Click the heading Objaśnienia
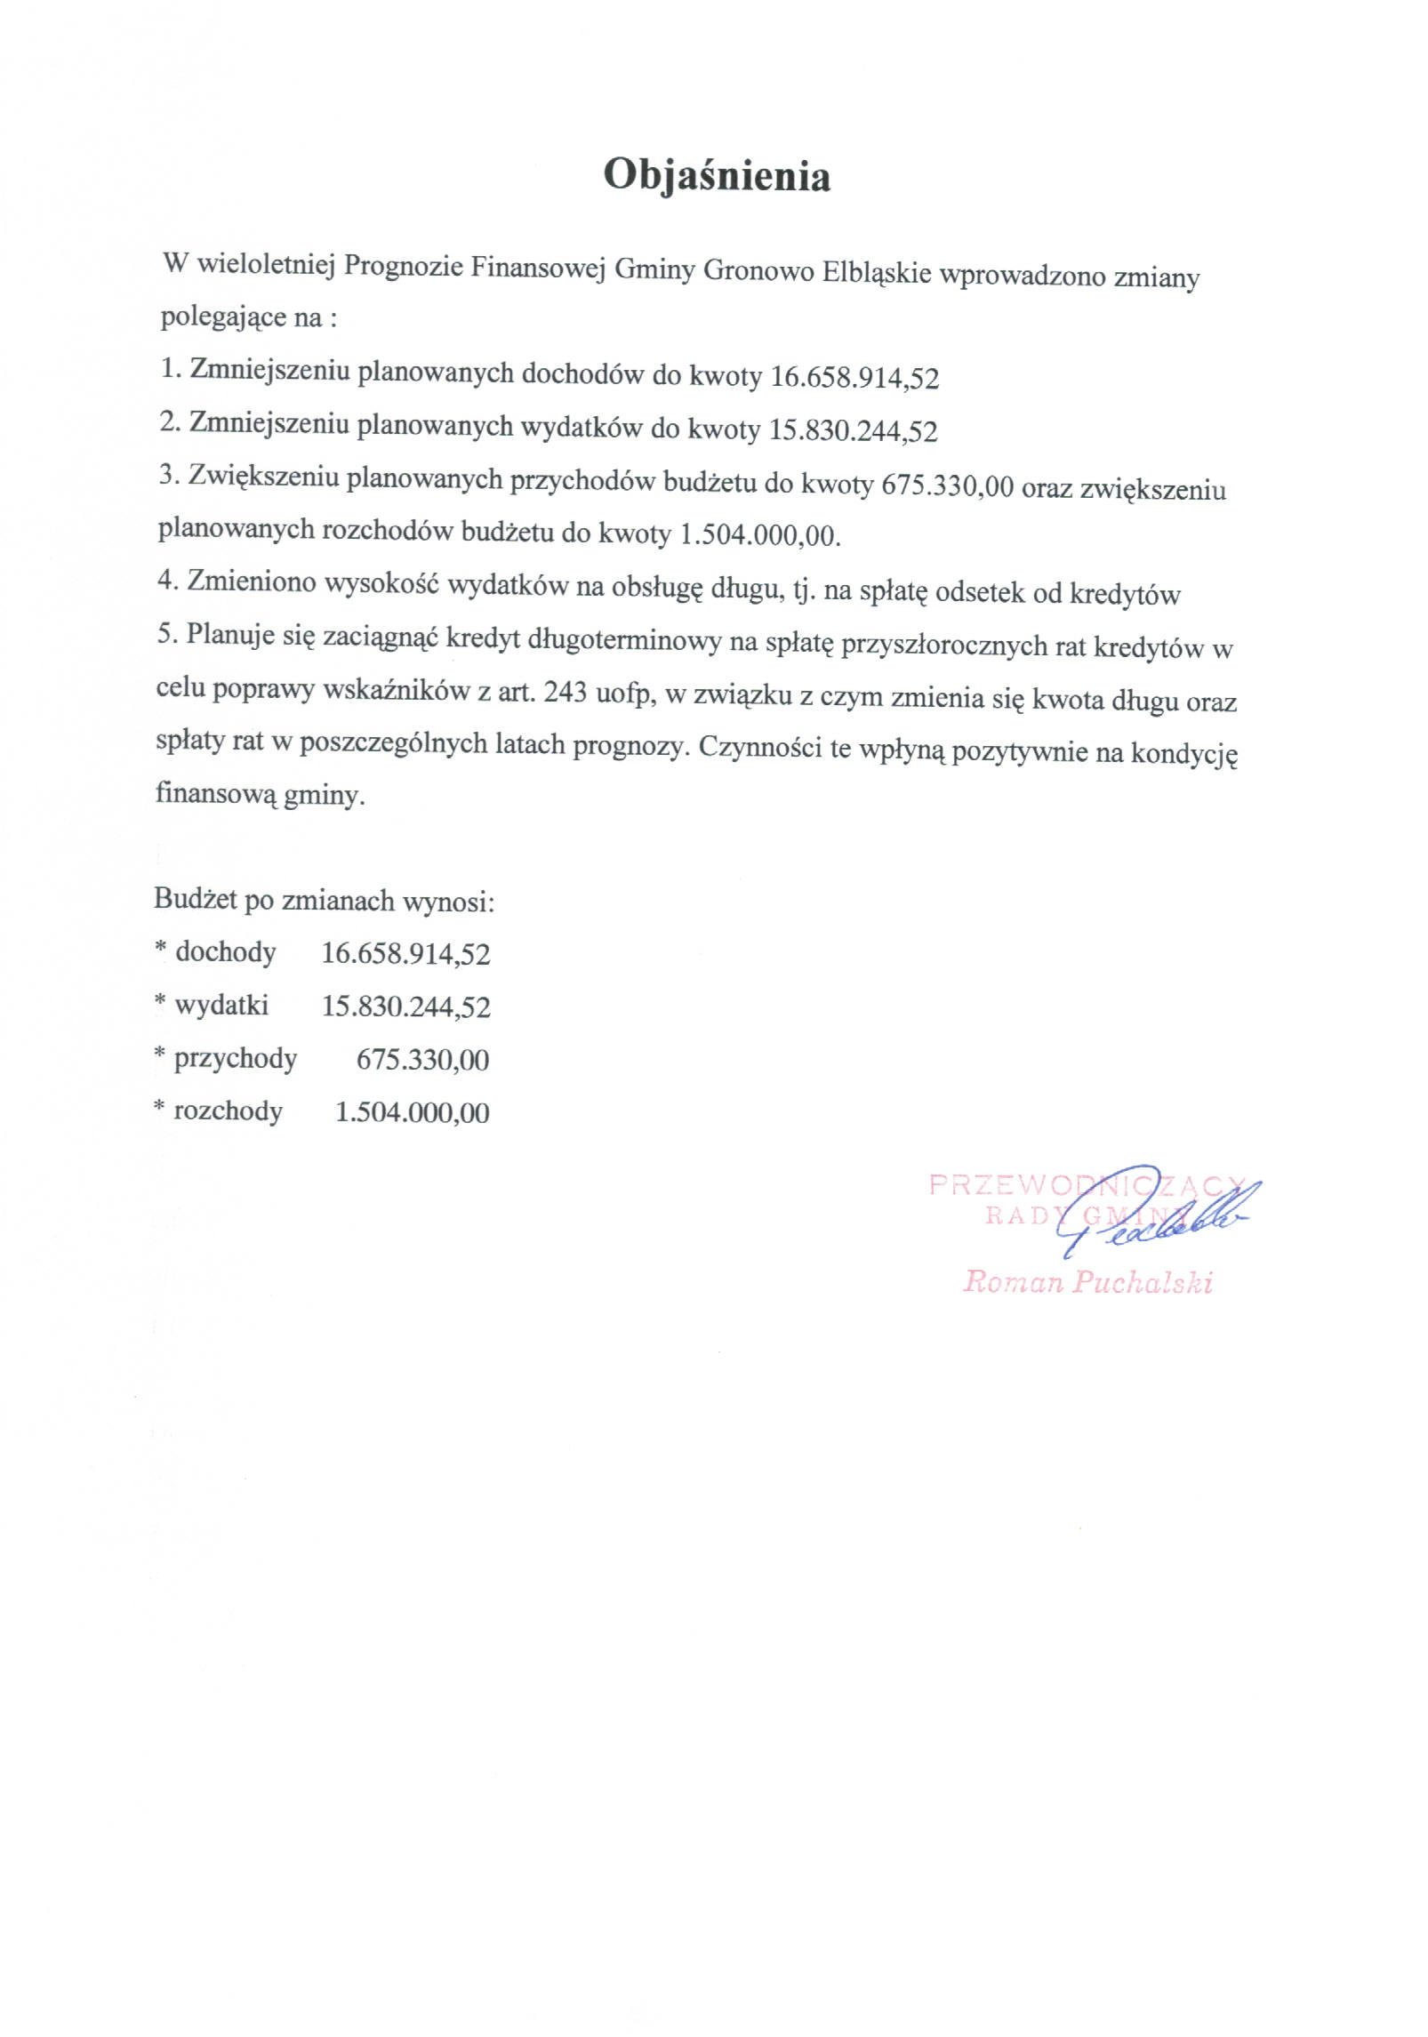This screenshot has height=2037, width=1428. [x=716, y=175]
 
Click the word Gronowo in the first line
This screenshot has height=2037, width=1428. [x=758, y=270]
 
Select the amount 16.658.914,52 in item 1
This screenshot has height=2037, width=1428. [x=854, y=378]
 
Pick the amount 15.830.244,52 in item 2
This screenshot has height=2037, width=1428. [x=853, y=431]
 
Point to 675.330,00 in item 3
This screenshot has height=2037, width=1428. [x=947, y=486]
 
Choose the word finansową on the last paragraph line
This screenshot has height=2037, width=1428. [x=215, y=792]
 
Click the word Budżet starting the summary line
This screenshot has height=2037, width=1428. [x=196, y=899]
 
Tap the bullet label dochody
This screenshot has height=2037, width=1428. [x=226, y=952]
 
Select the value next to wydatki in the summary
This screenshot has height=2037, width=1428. [x=405, y=1006]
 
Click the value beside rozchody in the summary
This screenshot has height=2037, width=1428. [x=412, y=1112]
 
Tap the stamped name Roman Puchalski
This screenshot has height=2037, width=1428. [x=1087, y=1282]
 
